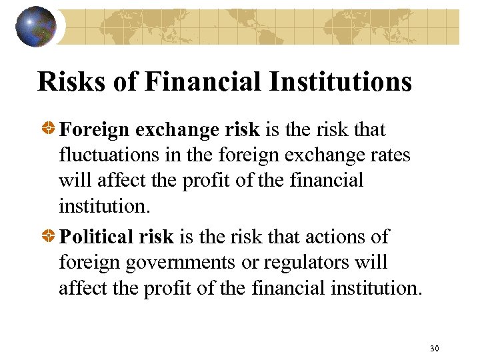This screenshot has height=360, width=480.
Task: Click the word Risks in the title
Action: pos(63,81)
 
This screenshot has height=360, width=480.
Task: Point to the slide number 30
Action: pos(435,348)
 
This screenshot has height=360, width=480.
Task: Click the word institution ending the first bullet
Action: pos(102,205)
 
